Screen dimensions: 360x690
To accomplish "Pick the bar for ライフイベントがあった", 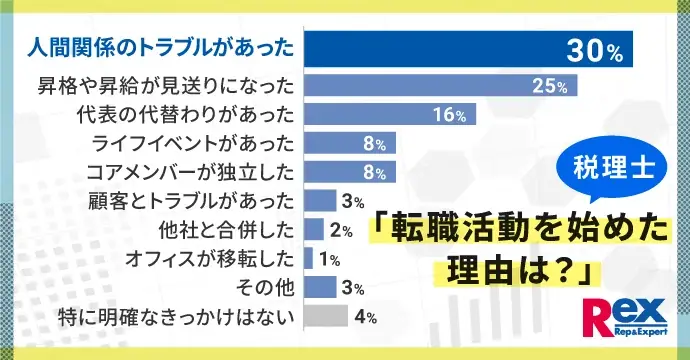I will [350, 145].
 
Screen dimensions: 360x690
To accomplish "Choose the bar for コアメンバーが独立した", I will [350, 173].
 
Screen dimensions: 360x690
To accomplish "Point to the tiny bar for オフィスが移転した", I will [308, 260].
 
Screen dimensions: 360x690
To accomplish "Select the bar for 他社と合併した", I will [314, 231].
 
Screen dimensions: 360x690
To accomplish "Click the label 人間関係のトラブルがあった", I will [161, 48].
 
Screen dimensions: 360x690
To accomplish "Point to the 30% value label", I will [596, 48].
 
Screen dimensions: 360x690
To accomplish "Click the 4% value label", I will [364, 318].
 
